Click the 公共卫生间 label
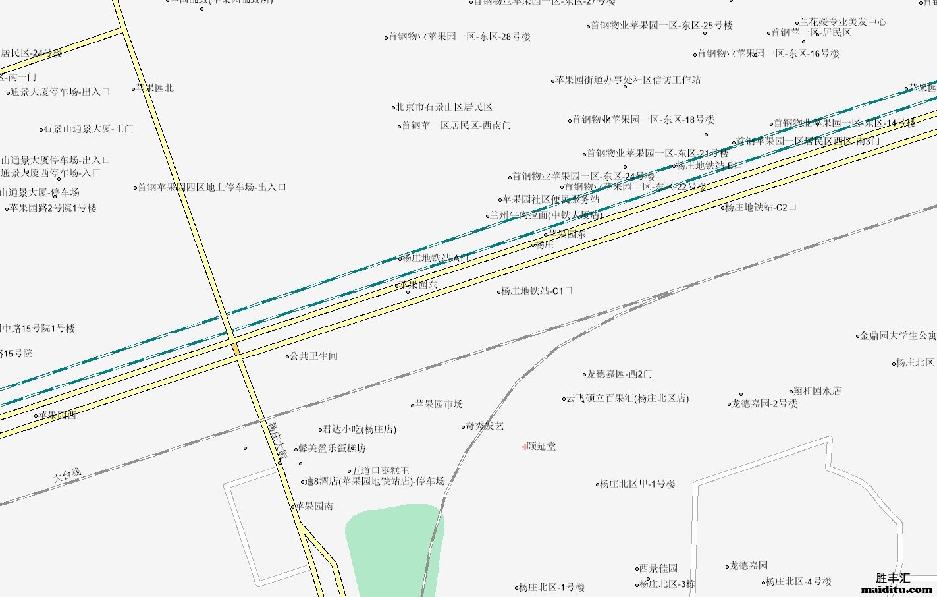click(313, 356)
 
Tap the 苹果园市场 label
click(439, 404)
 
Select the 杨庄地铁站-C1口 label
click(537, 291)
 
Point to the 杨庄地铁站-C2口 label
click(761, 207)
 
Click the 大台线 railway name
click(67, 474)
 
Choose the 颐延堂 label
click(541, 446)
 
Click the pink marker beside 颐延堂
click(524, 447)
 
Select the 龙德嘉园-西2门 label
click(620, 374)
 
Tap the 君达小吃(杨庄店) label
click(359, 429)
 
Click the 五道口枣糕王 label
click(381, 470)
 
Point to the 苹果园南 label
click(314, 506)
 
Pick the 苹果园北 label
click(155, 88)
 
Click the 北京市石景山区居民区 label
click(444, 107)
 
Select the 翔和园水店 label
click(817, 391)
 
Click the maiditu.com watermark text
click(896, 589)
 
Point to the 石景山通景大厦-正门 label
click(88, 128)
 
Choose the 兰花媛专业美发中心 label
click(843, 22)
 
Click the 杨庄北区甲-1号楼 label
click(637, 484)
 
